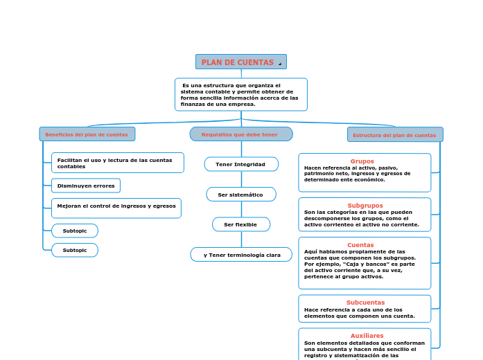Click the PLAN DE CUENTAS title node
pos(238,62)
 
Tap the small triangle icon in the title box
pos(280,64)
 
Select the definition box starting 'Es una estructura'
pos(240,94)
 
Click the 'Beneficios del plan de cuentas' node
pos(87,134)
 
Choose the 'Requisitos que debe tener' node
pos(240,134)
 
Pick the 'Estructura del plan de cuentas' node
pos(394,135)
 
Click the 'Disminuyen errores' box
pos(86,186)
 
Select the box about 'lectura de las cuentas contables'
pos(117,163)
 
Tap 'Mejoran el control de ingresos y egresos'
pos(116,206)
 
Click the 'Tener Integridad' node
pos(240,164)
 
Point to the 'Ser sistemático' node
pos(240,195)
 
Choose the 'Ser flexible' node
pos(240,224)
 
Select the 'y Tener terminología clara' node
pos(241,255)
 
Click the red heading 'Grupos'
pos(362,161)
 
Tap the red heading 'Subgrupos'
pos(365,205)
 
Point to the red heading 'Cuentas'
pos(360,244)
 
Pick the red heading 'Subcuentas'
pos(365,302)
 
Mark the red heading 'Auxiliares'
pos(367,335)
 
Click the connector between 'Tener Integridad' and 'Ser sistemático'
pos(241,179)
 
